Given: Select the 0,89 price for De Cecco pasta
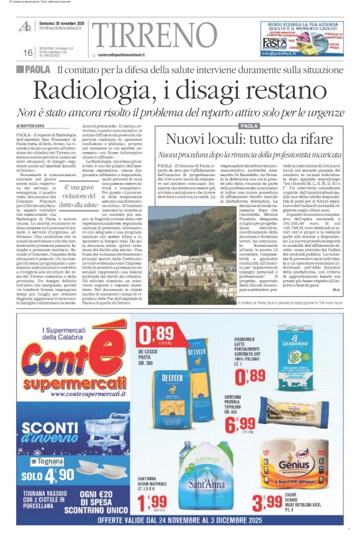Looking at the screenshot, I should (150, 339).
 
